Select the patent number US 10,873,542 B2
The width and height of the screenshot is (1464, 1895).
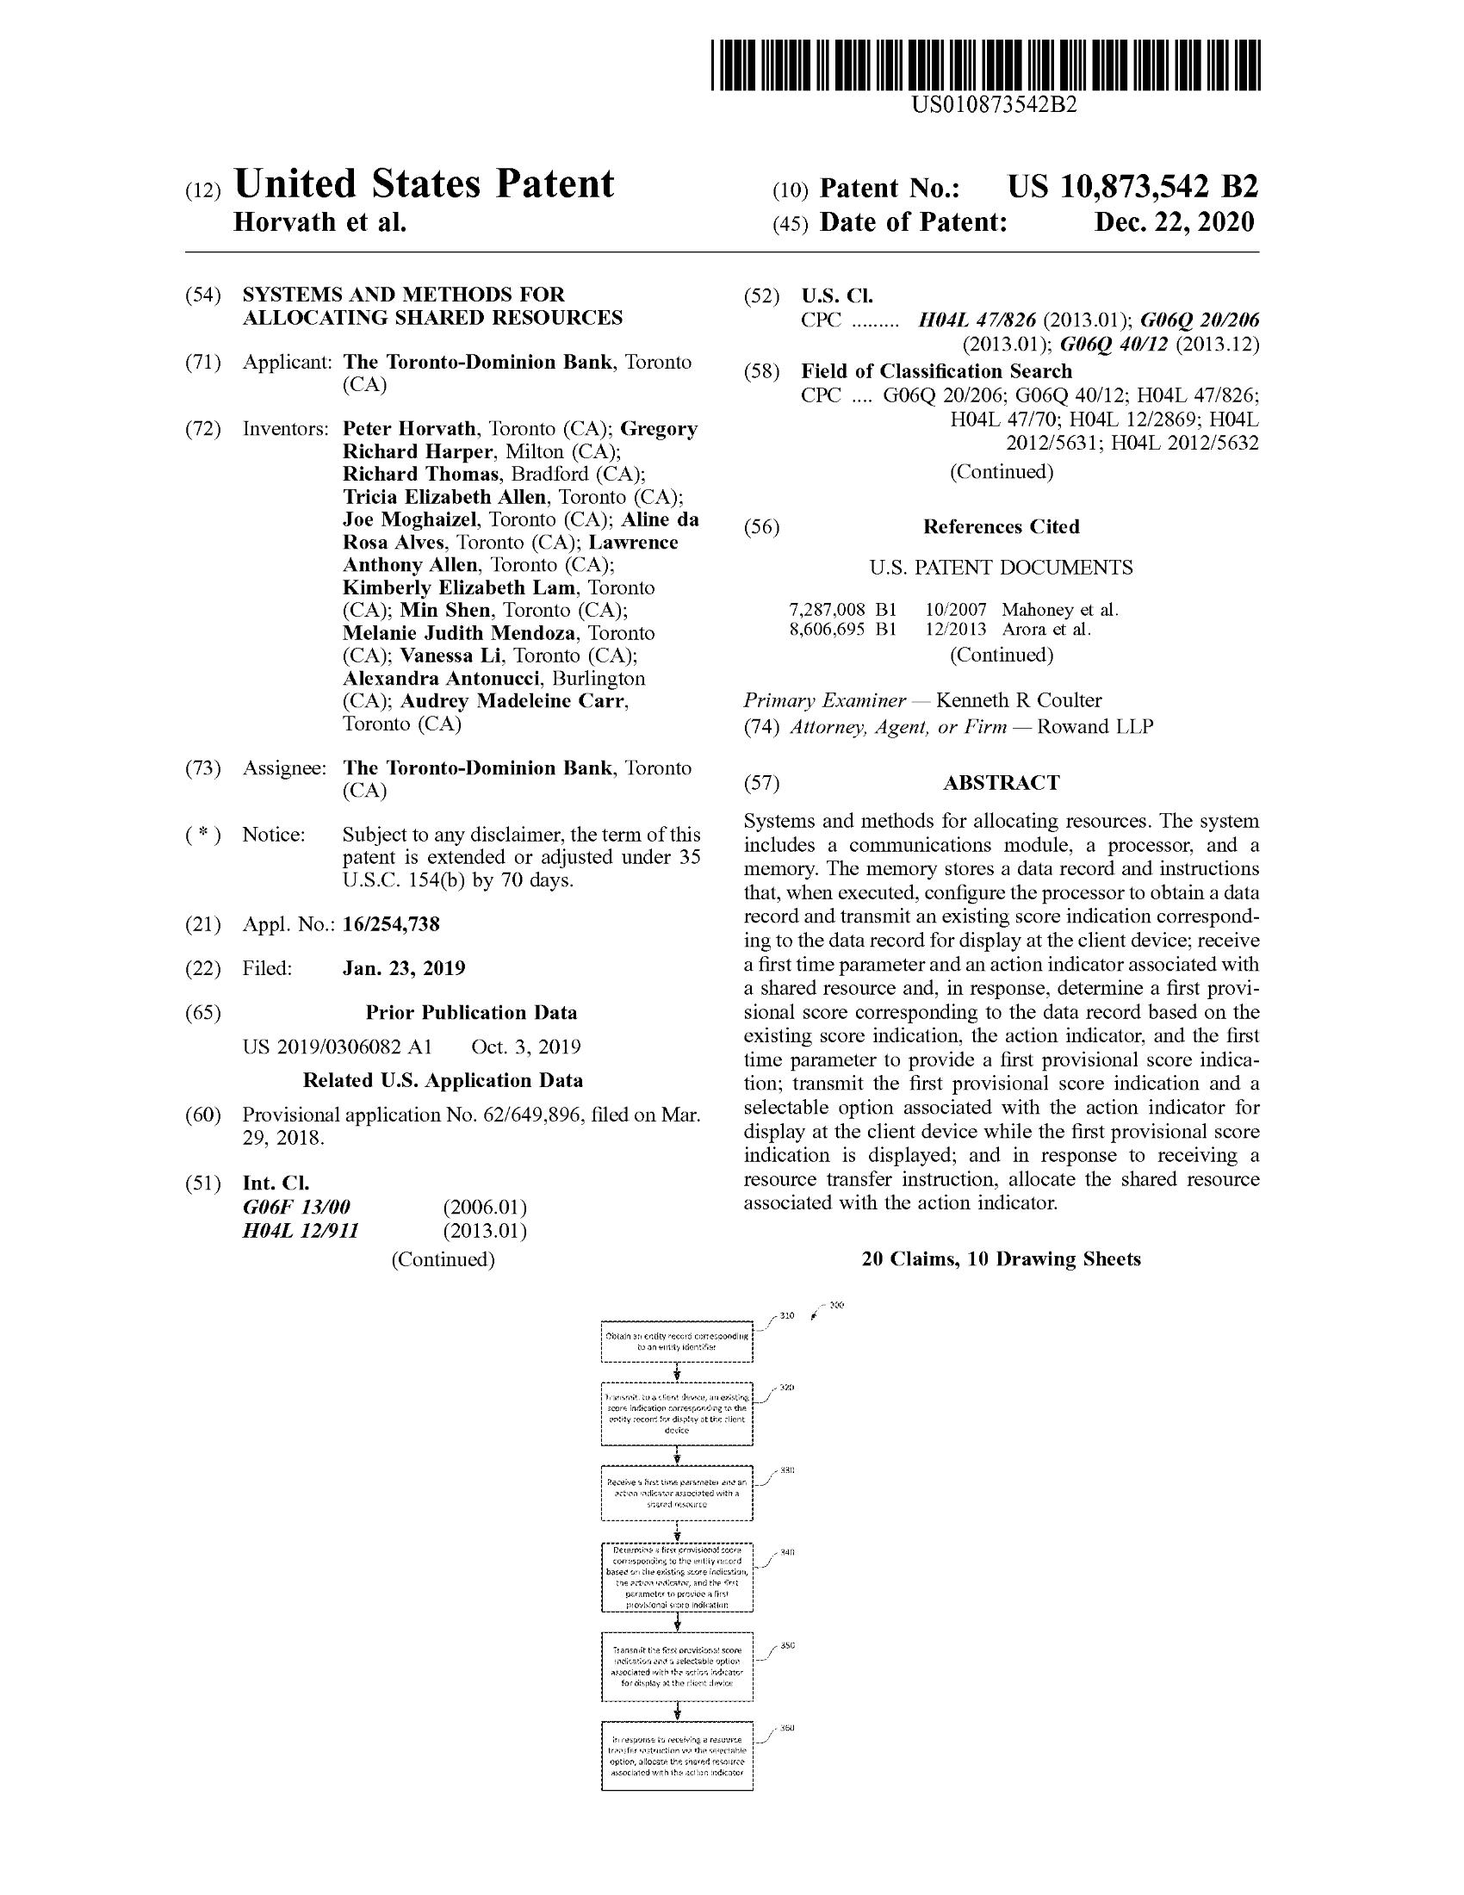(x=1132, y=188)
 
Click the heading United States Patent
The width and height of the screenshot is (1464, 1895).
(x=424, y=184)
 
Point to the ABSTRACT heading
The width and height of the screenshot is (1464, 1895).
(x=1001, y=783)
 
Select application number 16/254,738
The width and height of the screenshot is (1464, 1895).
(x=391, y=924)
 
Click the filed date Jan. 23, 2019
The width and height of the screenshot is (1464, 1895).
(x=403, y=967)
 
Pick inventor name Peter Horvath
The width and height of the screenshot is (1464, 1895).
(x=409, y=429)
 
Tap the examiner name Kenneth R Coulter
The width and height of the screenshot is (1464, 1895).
(x=1019, y=700)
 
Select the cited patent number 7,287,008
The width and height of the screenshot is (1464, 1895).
(x=827, y=610)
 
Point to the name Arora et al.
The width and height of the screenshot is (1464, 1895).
(x=1046, y=630)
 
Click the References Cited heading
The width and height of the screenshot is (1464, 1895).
(x=1001, y=526)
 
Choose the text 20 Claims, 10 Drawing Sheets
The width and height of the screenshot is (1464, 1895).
(x=1001, y=1259)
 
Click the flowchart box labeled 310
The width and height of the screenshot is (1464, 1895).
(x=677, y=1342)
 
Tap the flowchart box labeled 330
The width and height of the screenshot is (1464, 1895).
(x=677, y=1494)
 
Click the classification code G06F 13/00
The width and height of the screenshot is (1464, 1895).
(x=296, y=1208)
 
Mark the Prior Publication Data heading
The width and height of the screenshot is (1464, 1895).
(x=471, y=1013)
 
